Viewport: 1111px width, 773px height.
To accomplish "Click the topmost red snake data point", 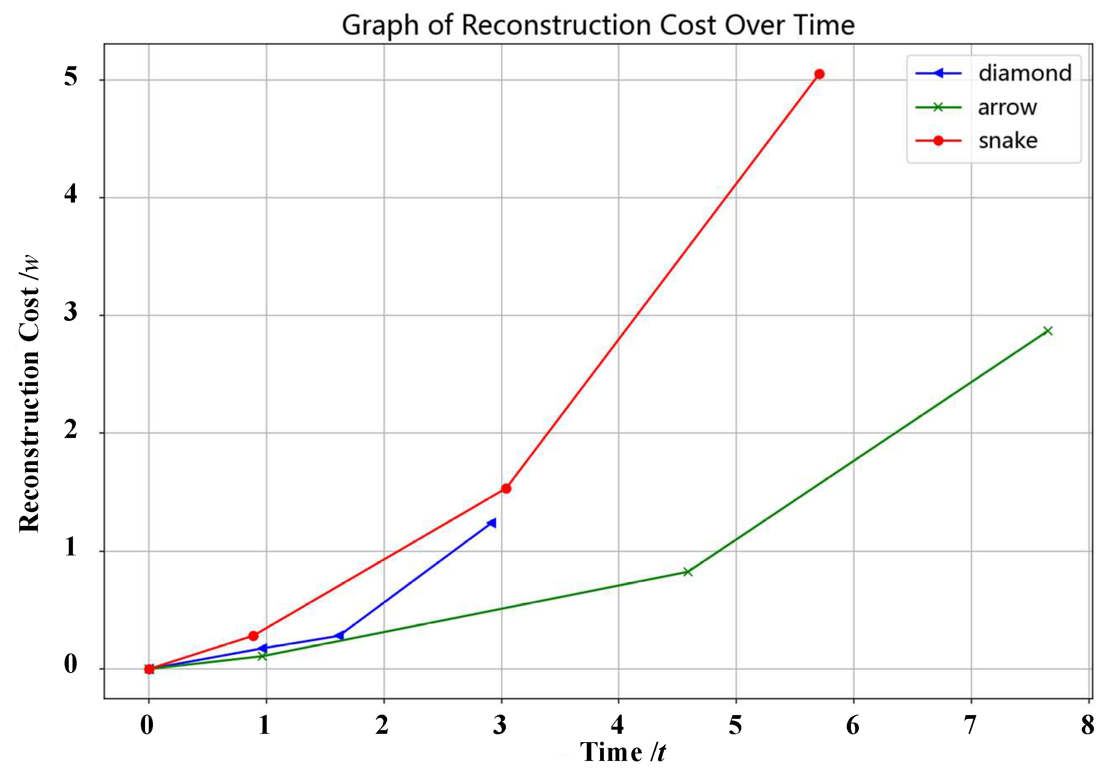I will pos(819,74).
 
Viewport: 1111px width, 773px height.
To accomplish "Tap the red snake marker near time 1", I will pos(253,635).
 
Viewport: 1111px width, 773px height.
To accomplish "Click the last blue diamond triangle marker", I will pos(492,523).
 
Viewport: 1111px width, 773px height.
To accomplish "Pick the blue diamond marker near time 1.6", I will pos(340,635).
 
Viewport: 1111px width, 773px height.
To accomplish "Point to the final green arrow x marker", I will pos(1048,331).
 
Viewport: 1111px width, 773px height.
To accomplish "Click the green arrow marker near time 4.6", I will pos(688,572).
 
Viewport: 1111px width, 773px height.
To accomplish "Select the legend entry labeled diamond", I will pos(1025,73).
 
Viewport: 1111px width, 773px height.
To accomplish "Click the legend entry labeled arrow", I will pos(1007,108).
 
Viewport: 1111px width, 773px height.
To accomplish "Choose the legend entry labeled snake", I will pos(1008,141).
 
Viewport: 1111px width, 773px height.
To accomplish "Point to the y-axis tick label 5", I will pos(71,76).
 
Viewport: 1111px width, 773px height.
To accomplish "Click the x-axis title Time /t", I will pos(623,752).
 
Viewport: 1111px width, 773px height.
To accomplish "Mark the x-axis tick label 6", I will pos(853,725).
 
